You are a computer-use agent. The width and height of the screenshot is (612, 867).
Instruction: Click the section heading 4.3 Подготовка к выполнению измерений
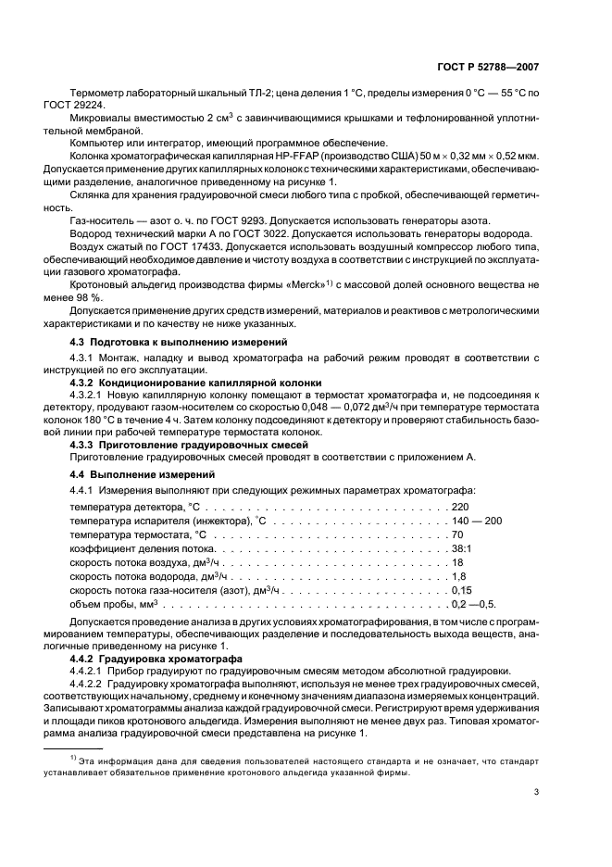coord(170,343)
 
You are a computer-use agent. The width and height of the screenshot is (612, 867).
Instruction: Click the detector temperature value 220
coord(459,508)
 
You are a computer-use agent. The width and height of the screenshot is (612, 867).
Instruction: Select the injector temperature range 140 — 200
coord(476,521)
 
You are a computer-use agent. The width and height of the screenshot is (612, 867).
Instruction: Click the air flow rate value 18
coord(456,563)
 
